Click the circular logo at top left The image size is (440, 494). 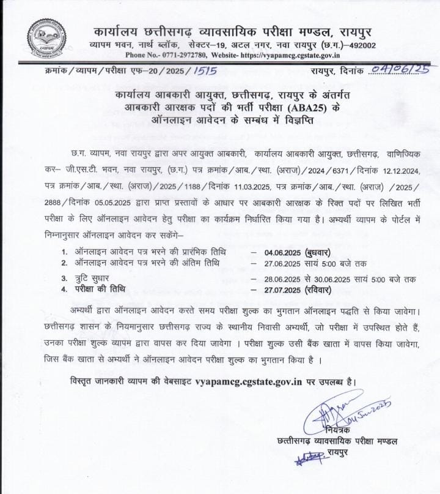[x=45, y=38]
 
